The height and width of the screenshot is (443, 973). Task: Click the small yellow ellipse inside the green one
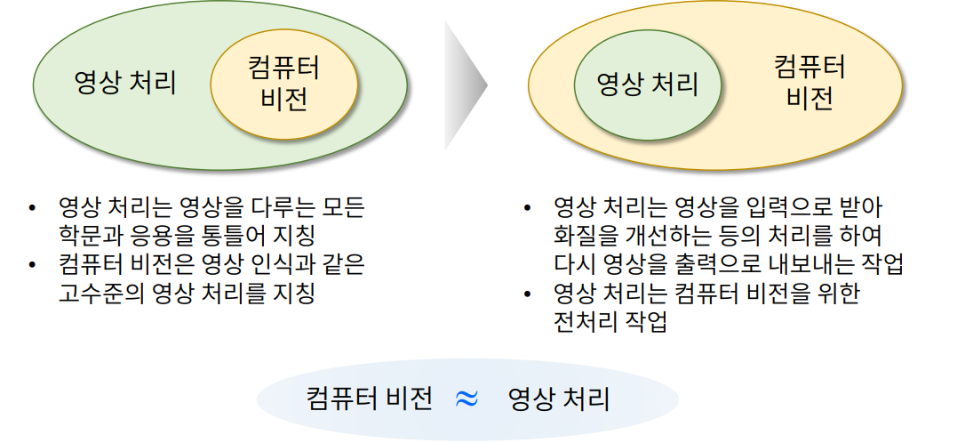(284, 85)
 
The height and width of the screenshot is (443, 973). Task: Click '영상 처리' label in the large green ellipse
(125, 84)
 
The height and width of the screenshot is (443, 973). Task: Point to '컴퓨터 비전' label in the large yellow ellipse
(809, 83)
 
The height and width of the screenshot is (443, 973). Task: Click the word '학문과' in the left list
(85, 236)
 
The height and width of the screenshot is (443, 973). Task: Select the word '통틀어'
(240, 236)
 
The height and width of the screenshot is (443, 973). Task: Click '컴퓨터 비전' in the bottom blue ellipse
(369, 399)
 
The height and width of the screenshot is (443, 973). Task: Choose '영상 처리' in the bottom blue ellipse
(559, 399)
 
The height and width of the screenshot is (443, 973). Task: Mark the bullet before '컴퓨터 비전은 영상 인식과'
(33, 264)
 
